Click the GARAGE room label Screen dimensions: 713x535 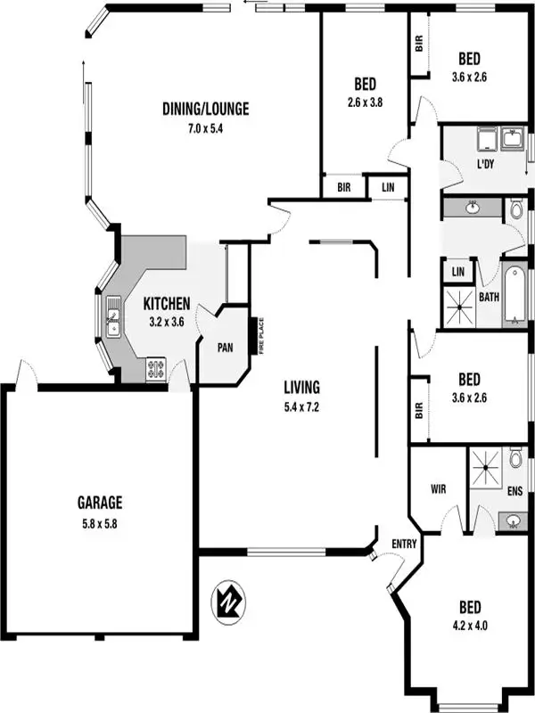(x=99, y=503)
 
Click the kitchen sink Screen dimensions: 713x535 (x=113, y=318)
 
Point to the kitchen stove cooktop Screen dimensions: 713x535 (x=155, y=367)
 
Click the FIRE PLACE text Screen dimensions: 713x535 (x=263, y=336)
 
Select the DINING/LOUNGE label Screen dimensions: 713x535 (x=205, y=110)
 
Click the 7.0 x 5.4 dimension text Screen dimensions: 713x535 (x=205, y=128)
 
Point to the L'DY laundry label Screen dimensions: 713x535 (x=485, y=165)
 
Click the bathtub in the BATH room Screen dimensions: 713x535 (x=516, y=295)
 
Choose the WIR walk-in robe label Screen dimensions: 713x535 (x=437, y=488)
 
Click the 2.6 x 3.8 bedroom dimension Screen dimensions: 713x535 (x=364, y=102)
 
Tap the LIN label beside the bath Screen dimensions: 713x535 (x=458, y=271)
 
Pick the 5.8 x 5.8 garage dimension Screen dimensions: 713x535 (x=99, y=524)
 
